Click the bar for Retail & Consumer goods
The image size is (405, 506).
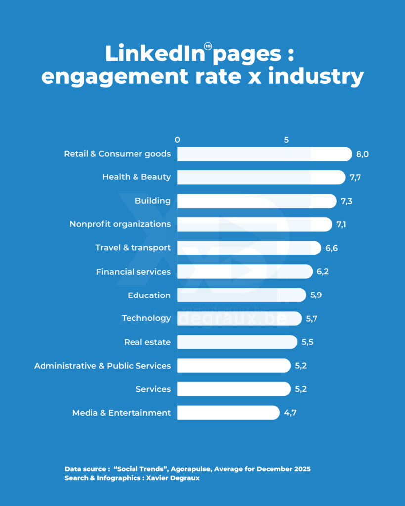pos(264,154)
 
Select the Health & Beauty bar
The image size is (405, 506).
pos(261,177)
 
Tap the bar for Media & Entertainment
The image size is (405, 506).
pos(228,413)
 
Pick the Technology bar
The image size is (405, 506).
pos(239,318)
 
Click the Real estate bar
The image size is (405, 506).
pos(237,342)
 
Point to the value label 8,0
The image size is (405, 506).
pos(362,154)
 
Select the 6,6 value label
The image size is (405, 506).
pos(331,248)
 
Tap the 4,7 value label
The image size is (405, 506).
pos(290,413)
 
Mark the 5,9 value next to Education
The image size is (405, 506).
pos(316,295)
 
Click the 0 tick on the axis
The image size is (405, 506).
pos(177,140)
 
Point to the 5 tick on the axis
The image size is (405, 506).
pos(286,140)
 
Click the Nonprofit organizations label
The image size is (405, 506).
pos(120,224)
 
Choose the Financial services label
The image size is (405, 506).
pos(134,272)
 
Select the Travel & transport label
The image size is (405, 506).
pos(133,248)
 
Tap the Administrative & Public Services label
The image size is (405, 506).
pos(102,366)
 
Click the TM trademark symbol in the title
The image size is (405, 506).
pos(208,47)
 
